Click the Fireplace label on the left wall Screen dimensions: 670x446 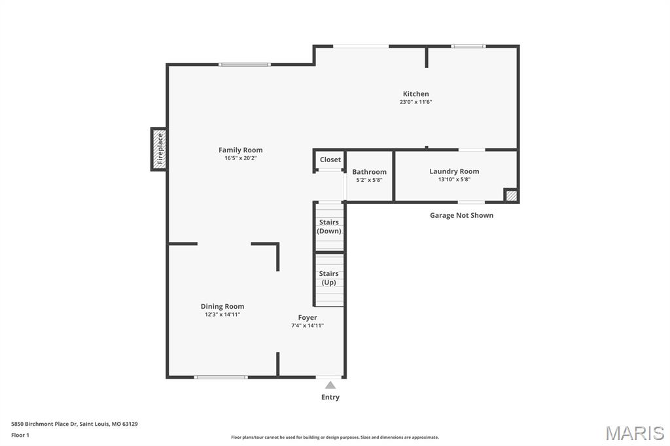(x=160, y=148)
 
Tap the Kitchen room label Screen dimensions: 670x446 (x=415, y=94)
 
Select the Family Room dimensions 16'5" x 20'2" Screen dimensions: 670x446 (x=241, y=158)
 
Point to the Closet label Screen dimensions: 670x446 (x=330, y=160)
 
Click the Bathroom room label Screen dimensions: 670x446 (x=369, y=172)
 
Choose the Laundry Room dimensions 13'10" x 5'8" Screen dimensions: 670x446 (x=454, y=179)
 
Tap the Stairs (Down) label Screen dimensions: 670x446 (x=329, y=226)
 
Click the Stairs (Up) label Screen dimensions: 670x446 (x=328, y=278)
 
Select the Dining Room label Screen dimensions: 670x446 (x=222, y=306)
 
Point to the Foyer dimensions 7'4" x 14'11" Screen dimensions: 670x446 (x=308, y=326)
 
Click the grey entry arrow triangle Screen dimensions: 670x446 (x=330, y=385)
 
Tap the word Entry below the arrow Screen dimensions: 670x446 (x=330, y=398)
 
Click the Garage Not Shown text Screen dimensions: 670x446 (x=461, y=215)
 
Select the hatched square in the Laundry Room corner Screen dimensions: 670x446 (x=511, y=196)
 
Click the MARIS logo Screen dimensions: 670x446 (x=635, y=433)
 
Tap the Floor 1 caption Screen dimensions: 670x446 (x=20, y=436)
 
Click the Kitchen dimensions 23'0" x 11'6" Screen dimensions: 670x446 (x=415, y=102)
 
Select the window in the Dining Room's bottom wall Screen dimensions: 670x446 (x=221, y=377)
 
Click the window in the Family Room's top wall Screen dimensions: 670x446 (x=245, y=65)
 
